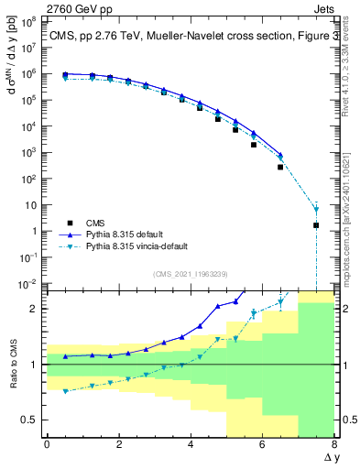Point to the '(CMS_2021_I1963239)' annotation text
[190, 273]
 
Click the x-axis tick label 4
[191, 444]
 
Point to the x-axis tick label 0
[47, 444]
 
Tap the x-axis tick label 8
[334, 444]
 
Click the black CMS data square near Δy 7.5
[316, 224]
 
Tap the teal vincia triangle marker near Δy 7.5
[316, 209]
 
